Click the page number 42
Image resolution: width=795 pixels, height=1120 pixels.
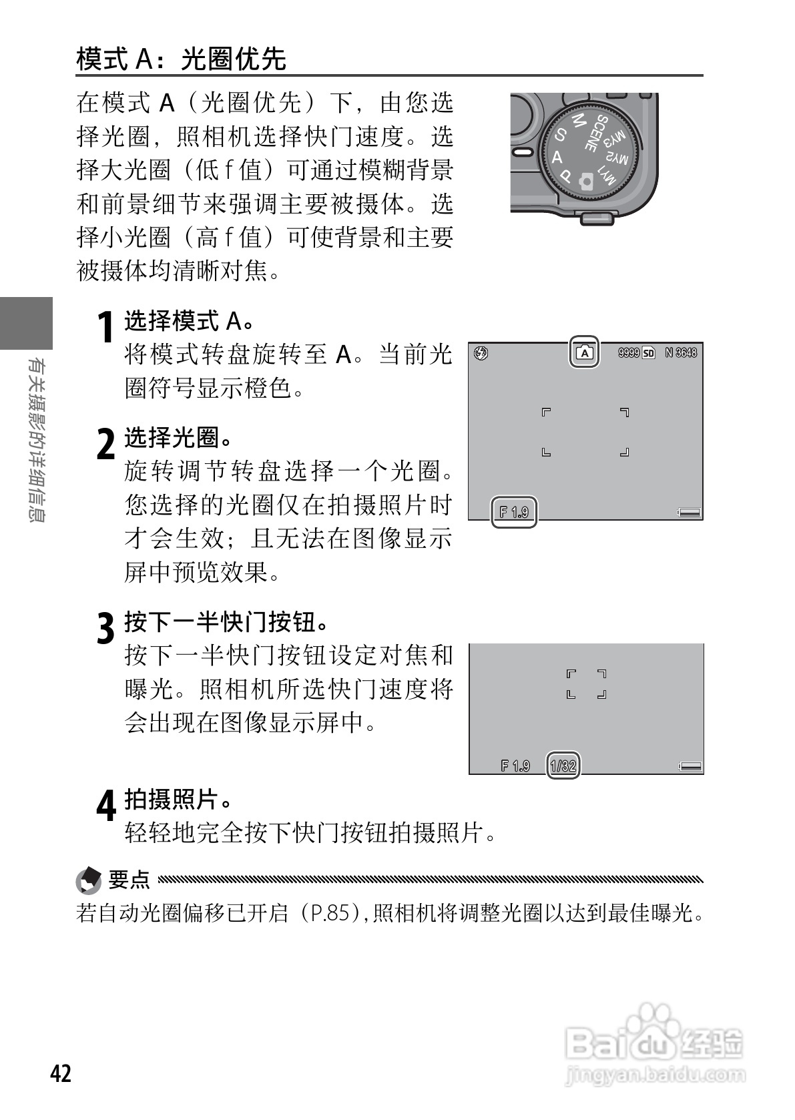[61, 1073]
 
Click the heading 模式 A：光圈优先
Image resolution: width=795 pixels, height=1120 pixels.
[181, 59]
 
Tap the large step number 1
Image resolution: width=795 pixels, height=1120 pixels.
[105, 328]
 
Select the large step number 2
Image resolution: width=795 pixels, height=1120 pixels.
[105, 444]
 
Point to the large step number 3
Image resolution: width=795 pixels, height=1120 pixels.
[105, 628]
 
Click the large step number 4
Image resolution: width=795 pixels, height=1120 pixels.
[106, 806]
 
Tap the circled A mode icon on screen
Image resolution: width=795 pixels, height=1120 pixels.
[584, 352]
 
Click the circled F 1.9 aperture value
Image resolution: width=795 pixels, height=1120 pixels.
[514, 512]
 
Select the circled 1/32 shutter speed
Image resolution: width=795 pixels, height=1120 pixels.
[563, 766]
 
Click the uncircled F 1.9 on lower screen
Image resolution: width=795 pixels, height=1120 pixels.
[515, 766]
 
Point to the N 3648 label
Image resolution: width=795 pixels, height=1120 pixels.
[681, 352]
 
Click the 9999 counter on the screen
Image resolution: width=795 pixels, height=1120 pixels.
[628, 352]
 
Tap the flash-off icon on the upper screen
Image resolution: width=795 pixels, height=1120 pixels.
[481, 352]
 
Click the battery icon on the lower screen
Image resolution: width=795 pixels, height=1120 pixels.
[691, 766]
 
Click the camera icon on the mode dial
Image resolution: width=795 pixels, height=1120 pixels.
[586, 181]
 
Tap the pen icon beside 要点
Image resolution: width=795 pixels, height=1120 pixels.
[89, 880]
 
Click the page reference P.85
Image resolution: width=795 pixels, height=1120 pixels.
[327, 913]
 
